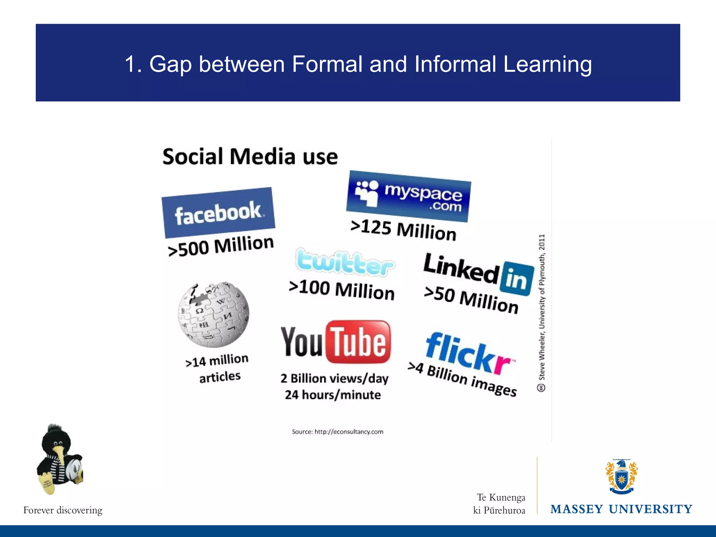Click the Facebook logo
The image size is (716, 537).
point(218,213)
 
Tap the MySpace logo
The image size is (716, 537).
point(408,196)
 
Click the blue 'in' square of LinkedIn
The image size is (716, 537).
point(517,279)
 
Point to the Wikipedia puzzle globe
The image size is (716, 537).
point(214,314)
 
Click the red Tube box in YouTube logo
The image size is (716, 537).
point(358,342)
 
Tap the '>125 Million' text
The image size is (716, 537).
point(403,229)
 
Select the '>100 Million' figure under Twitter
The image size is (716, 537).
point(342,289)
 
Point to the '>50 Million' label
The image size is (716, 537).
point(471,300)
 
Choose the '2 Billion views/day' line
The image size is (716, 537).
point(334,378)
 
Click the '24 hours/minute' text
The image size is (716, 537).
point(332,395)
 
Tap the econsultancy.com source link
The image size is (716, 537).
point(349,432)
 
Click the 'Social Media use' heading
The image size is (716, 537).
point(250,156)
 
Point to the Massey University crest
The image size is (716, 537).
point(621,477)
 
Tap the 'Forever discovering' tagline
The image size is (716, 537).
point(63,510)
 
